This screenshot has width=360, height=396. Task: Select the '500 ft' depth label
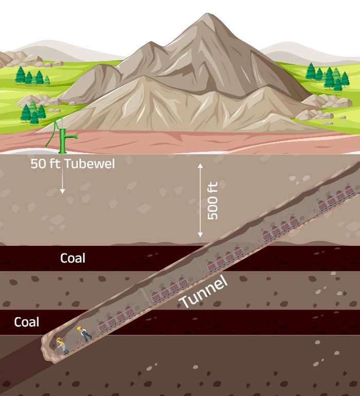(212, 201)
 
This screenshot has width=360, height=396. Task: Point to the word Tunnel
(203, 293)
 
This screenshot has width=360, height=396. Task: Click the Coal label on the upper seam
(73, 258)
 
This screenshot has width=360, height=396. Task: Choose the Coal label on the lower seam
(26, 322)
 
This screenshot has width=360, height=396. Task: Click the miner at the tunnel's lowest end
(61, 345)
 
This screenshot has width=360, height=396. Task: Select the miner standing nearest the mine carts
(84, 333)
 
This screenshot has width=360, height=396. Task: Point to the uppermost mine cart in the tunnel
(350, 191)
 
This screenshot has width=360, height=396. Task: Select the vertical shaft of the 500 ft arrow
(200, 201)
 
